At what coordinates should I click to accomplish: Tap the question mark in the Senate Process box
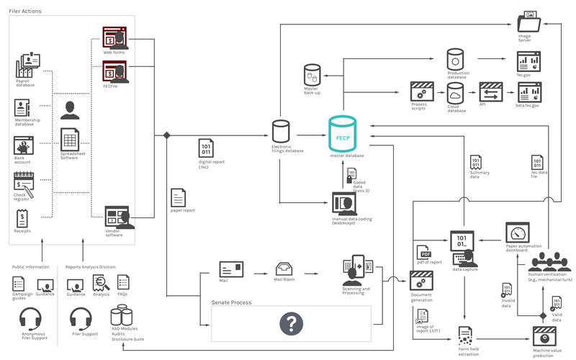[x=290, y=324]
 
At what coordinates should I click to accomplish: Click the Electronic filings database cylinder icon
[x=281, y=132]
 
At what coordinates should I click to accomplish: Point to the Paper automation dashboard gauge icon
[x=518, y=233]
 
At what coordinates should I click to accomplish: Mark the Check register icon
[x=22, y=184]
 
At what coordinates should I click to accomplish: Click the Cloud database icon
[x=455, y=92]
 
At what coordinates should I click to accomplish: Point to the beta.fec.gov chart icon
[x=530, y=91]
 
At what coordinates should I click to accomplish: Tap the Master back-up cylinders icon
[x=312, y=74]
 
